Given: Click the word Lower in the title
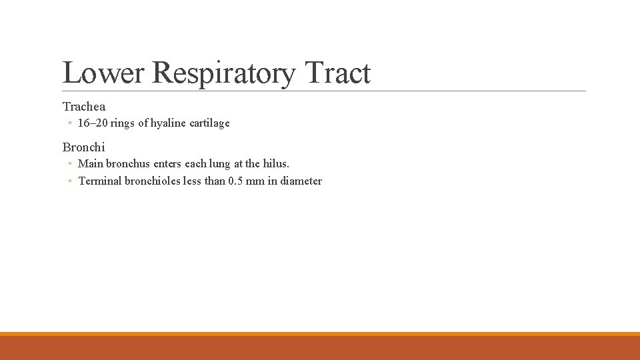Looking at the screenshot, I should coord(103,73).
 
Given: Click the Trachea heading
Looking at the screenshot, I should coord(84,106).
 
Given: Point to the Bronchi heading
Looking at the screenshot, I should coord(84,147).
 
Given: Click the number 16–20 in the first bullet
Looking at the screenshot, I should coord(93,123).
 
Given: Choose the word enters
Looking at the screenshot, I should coord(167,163).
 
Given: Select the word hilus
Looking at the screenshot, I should coord(276,163).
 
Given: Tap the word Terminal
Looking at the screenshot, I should coord(100,181).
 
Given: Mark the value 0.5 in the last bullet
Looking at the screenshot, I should coord(235,181).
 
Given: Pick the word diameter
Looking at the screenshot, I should coord(301,181).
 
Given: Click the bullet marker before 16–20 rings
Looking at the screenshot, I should coord(70,123).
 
